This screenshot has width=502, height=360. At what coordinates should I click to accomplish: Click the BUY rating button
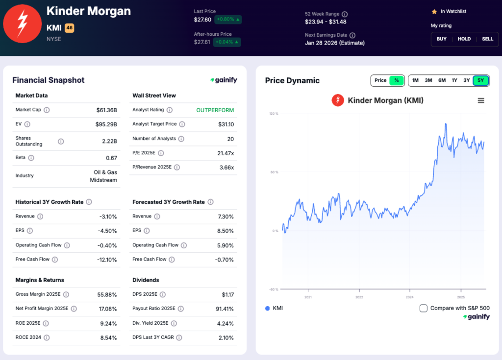(x=442, y=39)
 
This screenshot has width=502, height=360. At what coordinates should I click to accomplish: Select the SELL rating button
(x=487, y=39)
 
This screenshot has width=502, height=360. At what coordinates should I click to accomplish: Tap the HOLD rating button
(x=464, y=39)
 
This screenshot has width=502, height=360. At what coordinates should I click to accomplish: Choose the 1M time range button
(x=415, y=80)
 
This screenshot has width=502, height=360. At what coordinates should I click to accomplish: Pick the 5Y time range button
(x=480, y=80)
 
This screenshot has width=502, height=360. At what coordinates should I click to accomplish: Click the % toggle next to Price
(x=396, y=80)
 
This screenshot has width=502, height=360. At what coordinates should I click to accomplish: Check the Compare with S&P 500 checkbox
(x=424, y=308)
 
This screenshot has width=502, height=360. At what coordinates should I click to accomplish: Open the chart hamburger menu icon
(x=481, y=100)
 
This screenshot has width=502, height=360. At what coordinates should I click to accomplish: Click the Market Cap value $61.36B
(x=106, y=110)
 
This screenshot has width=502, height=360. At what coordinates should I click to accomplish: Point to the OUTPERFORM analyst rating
(x=215, y=110)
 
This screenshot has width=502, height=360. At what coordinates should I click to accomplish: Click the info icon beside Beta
(x=31, y=158)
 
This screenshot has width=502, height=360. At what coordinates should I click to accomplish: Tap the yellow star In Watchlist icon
(x=434, y=11)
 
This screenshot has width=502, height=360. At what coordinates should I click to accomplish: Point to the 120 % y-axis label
(x=273, y=114)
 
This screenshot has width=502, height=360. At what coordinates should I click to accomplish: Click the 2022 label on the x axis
(x=359, y=297)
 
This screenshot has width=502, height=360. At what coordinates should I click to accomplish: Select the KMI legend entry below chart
(x=274, y=308)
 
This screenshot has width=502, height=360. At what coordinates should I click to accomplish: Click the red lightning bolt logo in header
(x=22, y=23)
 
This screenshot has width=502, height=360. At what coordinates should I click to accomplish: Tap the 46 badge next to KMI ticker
(x=69, y=28)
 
